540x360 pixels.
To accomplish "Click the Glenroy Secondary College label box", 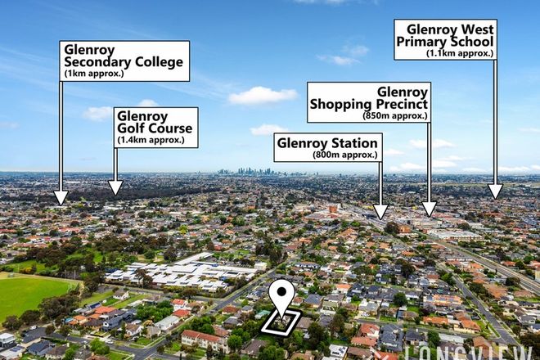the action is (125, 61).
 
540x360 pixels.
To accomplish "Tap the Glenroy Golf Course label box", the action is (155, 127).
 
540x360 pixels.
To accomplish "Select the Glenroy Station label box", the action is (327, 147).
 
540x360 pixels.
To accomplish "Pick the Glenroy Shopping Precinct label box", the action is (369, 101).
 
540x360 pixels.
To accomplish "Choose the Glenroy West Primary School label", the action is (445, 39).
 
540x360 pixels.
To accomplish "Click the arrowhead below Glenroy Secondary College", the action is (61, 198).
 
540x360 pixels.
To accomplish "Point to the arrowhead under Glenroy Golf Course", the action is (115, 188).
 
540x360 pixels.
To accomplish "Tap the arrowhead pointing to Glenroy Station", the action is (380, 212).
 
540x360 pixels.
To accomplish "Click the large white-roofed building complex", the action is (184, 272).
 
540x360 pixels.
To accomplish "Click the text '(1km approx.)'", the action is (94, 73).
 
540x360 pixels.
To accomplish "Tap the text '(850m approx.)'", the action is (395, 115).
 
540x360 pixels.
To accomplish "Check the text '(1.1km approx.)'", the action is (460, 53).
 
